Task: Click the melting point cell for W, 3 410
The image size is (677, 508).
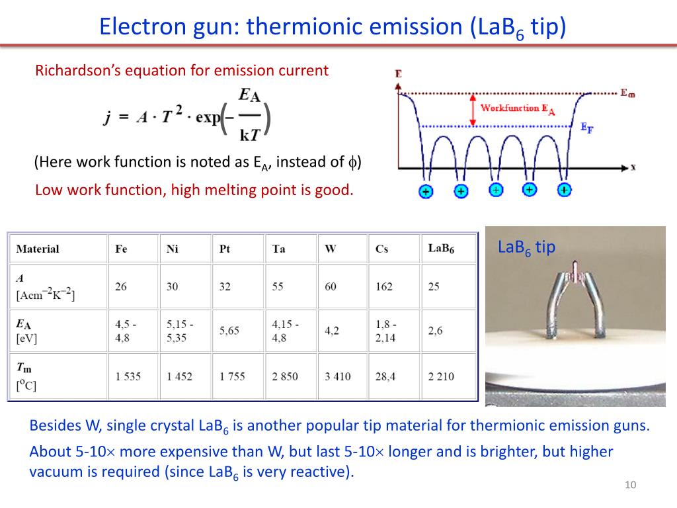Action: [337, 376]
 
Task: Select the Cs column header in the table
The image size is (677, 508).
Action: [381, 249]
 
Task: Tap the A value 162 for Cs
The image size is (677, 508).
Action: [383, 286]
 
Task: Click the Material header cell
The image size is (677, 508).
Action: [38, 249]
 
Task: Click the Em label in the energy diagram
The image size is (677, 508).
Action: [627, 94]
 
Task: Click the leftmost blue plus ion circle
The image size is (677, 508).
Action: [425, 191]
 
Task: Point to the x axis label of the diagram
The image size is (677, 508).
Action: [633, 167]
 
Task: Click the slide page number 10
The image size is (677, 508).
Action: [629, 486]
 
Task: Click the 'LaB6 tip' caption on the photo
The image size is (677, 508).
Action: [526, 247]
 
